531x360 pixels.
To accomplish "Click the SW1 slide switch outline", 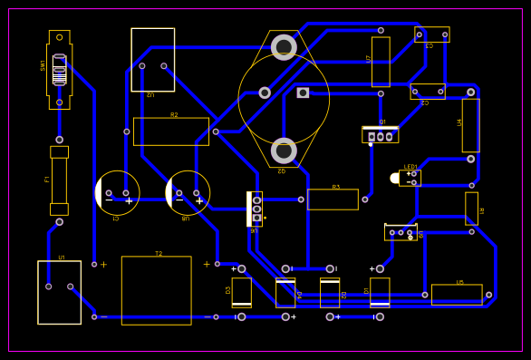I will tap(59, 69).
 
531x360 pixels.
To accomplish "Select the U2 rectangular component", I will tap(152, 60).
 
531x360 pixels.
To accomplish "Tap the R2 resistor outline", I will tap(170, 131).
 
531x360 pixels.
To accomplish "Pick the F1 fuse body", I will tap(59, 180).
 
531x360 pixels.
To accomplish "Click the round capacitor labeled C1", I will tap(117, 193).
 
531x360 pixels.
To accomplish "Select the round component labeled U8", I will tap(188, 193).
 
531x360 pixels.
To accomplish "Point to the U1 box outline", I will tap(59, 292).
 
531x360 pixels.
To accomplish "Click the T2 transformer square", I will tap(156, 290).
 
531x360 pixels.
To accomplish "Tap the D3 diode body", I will tap(241, 292).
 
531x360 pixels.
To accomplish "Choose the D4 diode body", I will tap(285, 293).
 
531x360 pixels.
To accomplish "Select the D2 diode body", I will tap(330, 293).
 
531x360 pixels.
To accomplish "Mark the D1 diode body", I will tap(380, 292).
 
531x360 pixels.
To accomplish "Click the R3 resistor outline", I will tap(333, 199).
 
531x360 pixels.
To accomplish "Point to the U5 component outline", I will tap(457, 295).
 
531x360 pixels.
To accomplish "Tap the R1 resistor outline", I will tap(471, 208).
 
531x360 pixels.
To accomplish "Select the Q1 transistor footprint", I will tap(380, 134).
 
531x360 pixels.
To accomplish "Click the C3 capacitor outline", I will tap(431, 34).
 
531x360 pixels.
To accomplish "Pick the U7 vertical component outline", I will tap(381, 62).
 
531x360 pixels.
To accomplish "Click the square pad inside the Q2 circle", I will tap(303, 92).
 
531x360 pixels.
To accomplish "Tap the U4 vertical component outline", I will tap(470, 125).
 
